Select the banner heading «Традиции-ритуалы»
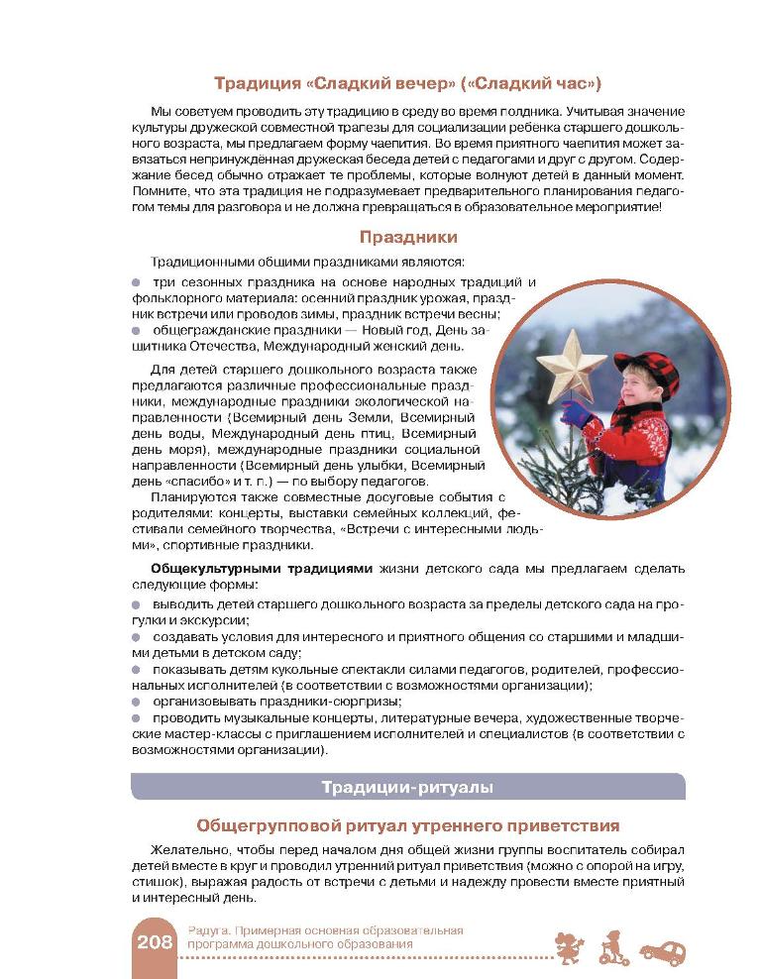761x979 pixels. point(407,787)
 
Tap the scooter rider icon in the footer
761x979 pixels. point(612,948)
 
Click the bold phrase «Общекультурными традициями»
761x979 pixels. point(261,569)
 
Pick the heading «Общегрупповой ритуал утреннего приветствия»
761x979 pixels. point(407,824)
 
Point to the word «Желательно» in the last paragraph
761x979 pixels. point(192,851)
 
